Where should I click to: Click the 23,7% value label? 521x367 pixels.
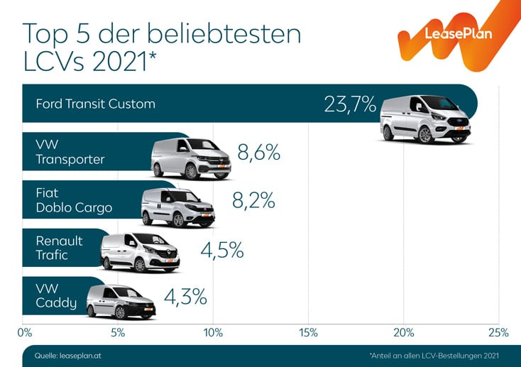pos(349,104)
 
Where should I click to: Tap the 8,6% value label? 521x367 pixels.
pos(259,153)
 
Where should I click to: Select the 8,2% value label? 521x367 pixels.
pos(253,201)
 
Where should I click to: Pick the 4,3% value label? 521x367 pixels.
pos(185,296)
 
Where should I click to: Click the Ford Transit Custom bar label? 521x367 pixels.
pos(95,104)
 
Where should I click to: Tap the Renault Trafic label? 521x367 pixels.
pos(59,248)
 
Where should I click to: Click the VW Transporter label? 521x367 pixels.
pos(70,152)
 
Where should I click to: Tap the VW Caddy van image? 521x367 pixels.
pos(120,302)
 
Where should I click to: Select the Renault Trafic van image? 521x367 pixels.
pos(140,253)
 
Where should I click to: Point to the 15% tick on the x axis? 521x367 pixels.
pos(308,332)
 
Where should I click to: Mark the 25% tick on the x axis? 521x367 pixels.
pos(498,332)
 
